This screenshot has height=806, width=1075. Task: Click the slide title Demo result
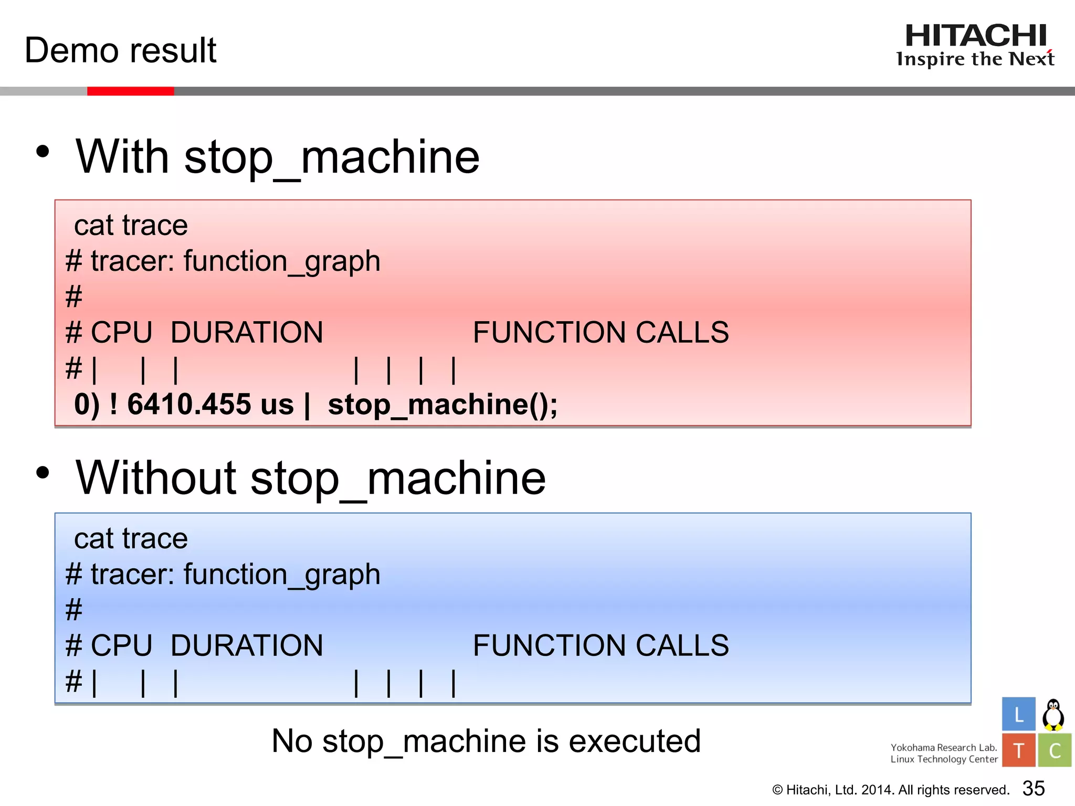point(120,51)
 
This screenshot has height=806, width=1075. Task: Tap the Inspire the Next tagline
point(975,59)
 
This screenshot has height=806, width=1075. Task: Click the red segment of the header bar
point(130,91)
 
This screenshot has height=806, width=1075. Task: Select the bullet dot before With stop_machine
point(43,152)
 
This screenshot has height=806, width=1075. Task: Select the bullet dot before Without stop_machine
point(43,473)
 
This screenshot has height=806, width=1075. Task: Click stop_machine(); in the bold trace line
point(442,405)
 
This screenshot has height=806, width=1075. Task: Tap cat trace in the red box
point(131,226)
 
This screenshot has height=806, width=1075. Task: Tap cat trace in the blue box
point(131,539)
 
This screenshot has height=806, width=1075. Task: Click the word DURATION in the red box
point(247,333)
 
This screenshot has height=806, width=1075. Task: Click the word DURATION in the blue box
point(247,645)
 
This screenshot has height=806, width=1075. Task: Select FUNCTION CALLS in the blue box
point(600,645)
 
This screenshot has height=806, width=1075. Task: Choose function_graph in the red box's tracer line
point(282,262)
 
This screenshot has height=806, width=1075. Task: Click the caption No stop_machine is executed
point(486,741)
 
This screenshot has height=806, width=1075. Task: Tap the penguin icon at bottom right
point(1053,715)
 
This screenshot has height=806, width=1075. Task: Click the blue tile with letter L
point(1018,714)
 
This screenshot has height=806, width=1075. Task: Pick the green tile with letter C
point(1055,750)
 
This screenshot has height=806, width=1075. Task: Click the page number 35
point(1034,788)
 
